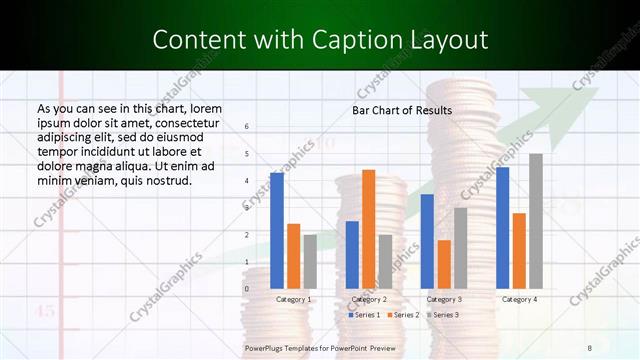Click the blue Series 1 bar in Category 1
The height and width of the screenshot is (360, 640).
277,231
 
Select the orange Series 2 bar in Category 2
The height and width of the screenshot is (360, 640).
369,229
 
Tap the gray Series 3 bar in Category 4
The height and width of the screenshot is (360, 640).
536,221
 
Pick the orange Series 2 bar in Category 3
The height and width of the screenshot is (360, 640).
444,264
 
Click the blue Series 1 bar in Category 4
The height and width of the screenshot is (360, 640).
503,228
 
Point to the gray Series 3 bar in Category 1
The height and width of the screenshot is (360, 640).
310,262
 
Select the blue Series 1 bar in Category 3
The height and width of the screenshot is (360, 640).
427,241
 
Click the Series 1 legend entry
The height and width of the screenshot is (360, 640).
364,315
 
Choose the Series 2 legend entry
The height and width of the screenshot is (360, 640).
403,315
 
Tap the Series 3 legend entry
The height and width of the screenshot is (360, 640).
442,315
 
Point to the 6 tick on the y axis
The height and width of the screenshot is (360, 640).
247,127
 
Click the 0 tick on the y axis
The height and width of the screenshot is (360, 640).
247,289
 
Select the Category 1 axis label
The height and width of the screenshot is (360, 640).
294,299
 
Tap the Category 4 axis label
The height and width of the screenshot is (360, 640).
519,299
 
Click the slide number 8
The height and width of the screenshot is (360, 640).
590,347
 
